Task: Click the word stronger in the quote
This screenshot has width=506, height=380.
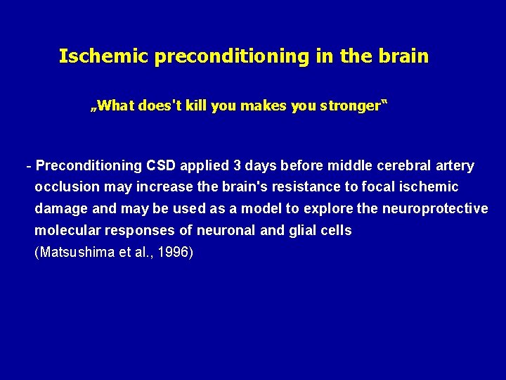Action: (x=351, y=106)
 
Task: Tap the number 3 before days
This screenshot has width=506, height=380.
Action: (x=238, y=166)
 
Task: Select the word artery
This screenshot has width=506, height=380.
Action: (x=455, y=166)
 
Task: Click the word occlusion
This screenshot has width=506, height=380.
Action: (x=65, y=187)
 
